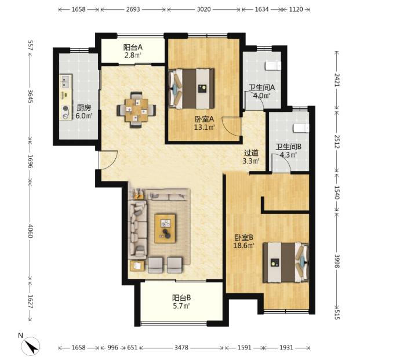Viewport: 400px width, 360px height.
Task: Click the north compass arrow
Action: pos(32,346)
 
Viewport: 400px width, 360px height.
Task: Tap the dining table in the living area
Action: pos(136,110)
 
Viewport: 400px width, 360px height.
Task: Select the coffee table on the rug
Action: pos(165,228)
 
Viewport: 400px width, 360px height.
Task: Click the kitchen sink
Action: pos(66,81)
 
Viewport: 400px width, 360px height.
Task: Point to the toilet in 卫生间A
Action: pos(273,66)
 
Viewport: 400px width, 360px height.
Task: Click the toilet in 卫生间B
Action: pos(301,128)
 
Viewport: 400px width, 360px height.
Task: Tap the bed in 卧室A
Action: pos(191,89)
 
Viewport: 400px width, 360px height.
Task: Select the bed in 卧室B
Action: pos(286,262)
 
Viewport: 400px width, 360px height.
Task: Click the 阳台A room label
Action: pos(133,47)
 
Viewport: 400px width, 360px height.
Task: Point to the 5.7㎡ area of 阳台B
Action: pos(181,306)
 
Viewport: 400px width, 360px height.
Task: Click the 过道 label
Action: pos(251,153)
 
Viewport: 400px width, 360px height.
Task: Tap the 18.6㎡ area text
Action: pos(243,246)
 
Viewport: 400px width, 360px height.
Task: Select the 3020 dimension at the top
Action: pos(204,9)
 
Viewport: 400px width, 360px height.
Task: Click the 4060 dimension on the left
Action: pos(30,231)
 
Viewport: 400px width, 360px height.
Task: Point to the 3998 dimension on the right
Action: pos(337,261)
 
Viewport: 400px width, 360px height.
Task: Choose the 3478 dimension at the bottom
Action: pos(181,347)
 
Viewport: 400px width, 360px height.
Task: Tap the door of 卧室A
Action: pos(231,126)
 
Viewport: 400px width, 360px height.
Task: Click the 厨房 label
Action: pos(83,108)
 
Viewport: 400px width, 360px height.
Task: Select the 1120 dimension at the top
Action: pos(296,9)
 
